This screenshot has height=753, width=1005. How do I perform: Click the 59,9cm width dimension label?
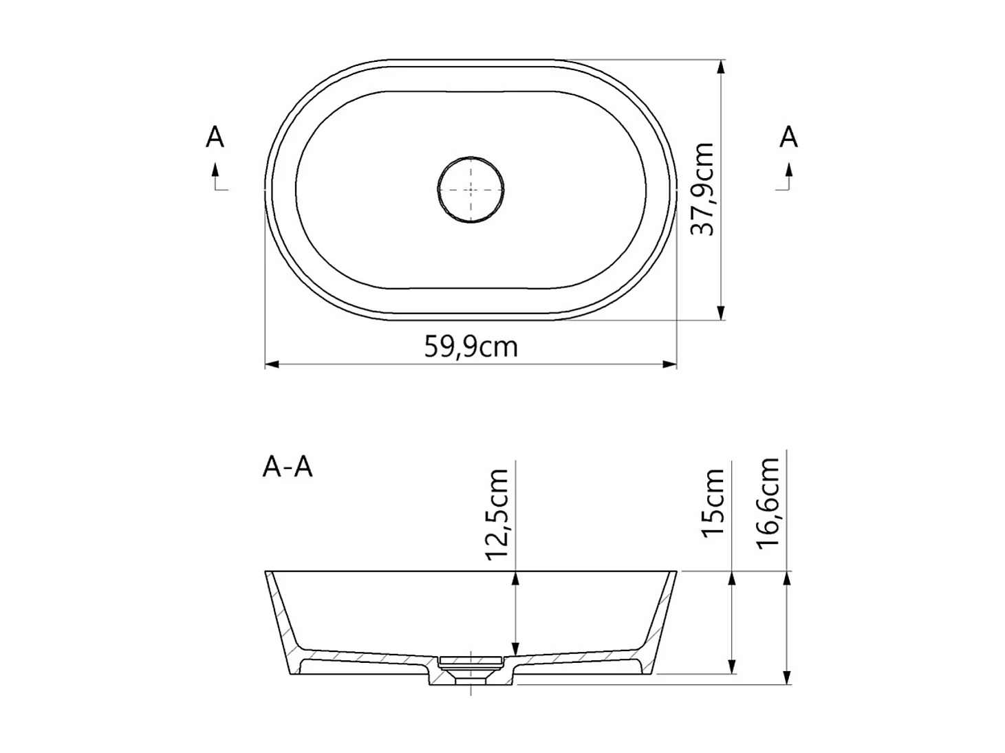coord(471,347)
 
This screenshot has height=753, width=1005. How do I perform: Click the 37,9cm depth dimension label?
coord(703,189)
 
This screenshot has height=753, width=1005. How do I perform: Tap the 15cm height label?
coord(714,503)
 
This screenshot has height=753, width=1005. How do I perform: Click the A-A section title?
coord(288,467)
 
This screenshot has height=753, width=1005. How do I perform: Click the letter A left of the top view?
coord(215,138)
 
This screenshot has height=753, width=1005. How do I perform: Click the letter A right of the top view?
coord(788,138)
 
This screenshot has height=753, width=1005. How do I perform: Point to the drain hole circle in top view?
coord(471,189)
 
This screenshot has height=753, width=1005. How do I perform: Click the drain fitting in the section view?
coord(471,664)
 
